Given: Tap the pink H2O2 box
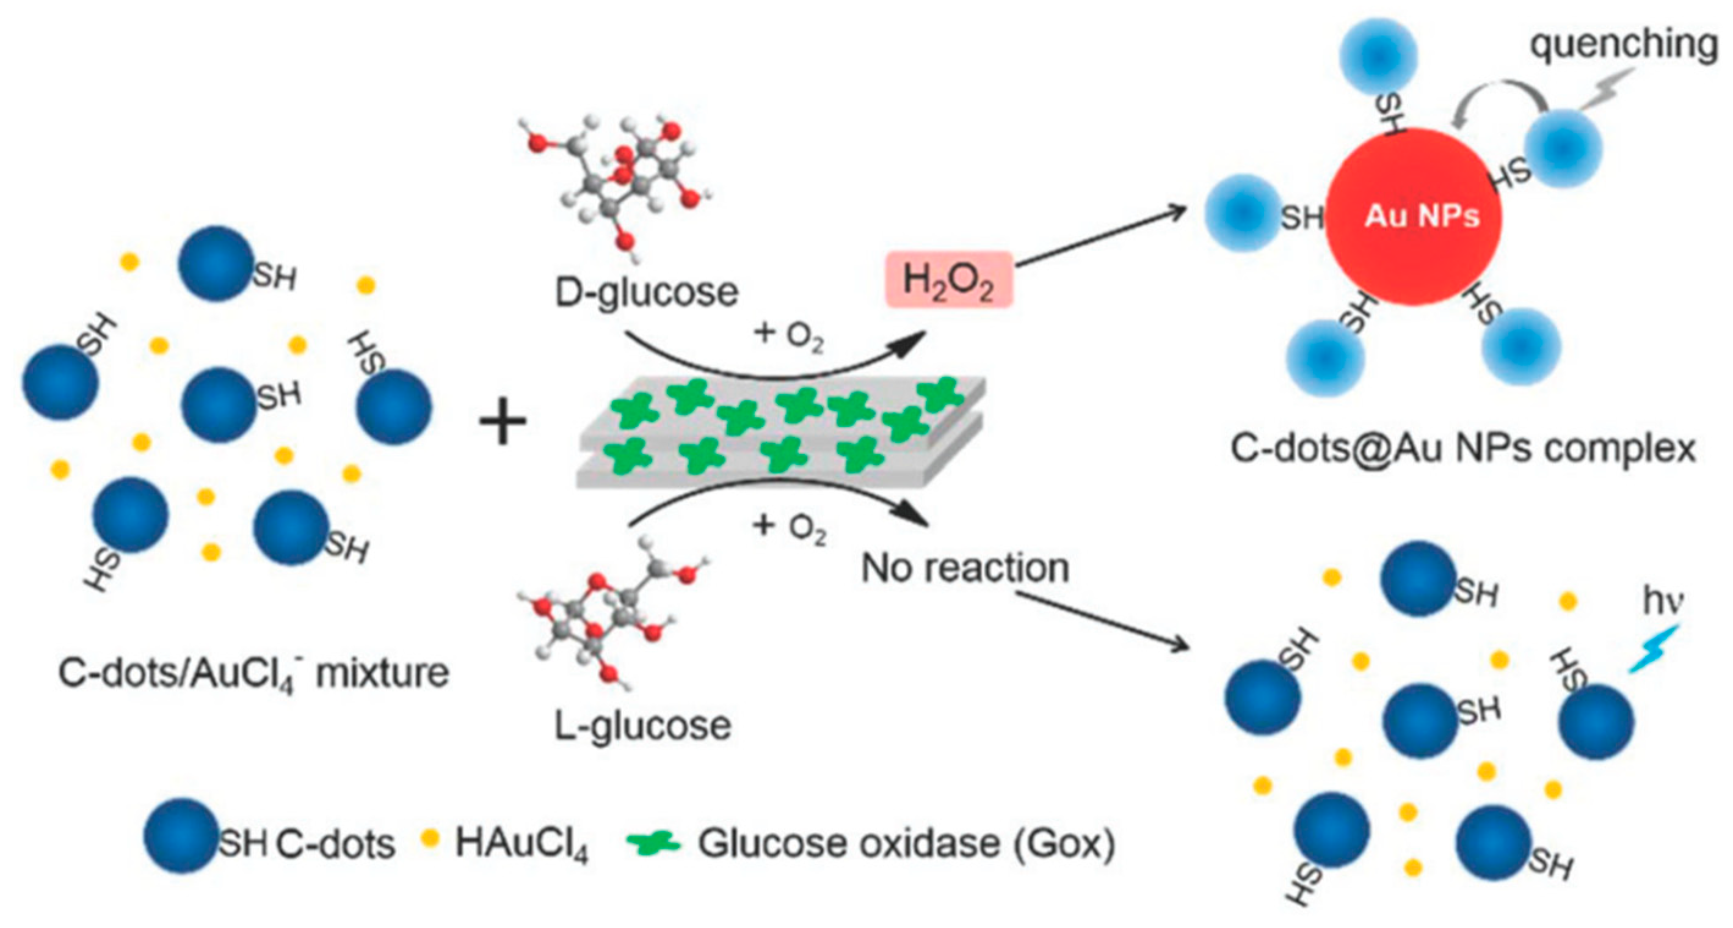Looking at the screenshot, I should [x=948, y=279].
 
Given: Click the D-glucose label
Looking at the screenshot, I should [x=646, y=291].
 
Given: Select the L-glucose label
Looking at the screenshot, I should [x=642, y=725].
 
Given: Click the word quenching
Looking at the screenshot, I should [x=1623, y=45].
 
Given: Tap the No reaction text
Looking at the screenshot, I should [x=965, y=568].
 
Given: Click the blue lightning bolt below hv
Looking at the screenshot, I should [x=1653, y=649].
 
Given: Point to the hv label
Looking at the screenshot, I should [x=1662, y=601].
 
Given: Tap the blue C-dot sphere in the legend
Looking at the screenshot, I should [x=180, y=835].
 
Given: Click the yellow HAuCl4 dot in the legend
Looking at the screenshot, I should [x=429, y=838].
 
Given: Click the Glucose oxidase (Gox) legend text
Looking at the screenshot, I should [x=906, y=842].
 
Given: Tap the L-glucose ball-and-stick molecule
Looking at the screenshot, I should [x=609, y=616].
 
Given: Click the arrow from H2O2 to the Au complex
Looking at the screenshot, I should [x=1100, y=236].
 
